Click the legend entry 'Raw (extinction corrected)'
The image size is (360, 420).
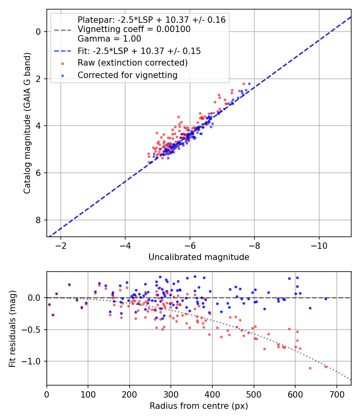click(x=132, y=63)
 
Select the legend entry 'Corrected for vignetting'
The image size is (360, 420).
click(x=127, y=75)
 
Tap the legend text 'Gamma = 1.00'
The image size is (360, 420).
click(x=109, y=39)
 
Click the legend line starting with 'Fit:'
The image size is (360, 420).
click(x=139, y=51)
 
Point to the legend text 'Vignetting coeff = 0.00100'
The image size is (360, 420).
click(x=134, y=29)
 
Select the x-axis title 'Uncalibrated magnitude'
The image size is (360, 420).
click(x=199, y=257)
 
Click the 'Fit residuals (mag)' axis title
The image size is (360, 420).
click(x=12, y=328)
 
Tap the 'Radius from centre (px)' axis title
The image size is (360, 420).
click(x=199, y=406)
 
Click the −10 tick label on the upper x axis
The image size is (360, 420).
click(x=319, y=244)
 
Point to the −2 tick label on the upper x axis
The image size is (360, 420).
click(x=61, y=244)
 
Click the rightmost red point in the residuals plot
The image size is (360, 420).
click(x=326, y=366)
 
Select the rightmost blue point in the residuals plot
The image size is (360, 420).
click(x=326, y=299)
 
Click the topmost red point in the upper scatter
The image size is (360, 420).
click(x=244, y=84)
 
